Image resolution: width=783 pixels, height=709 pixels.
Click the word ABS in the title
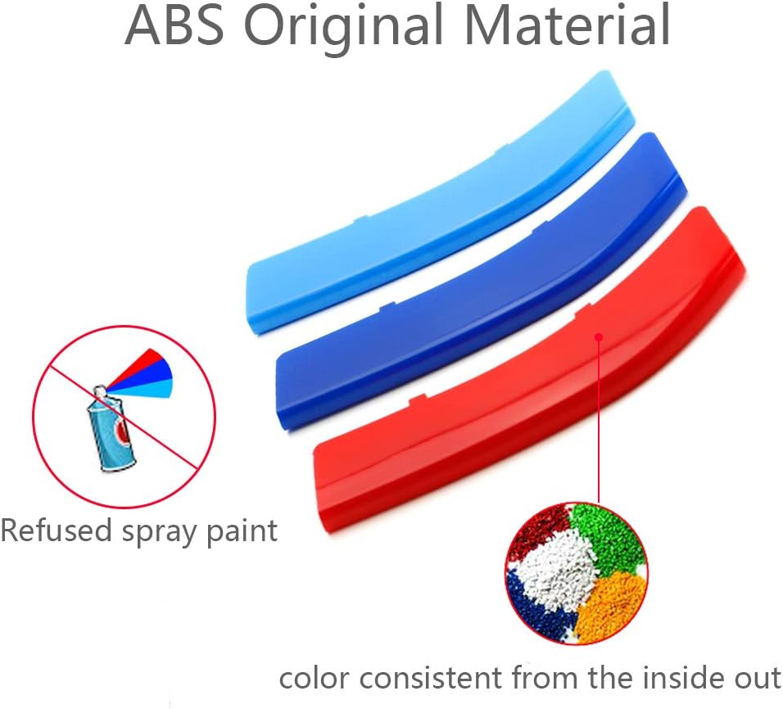(x=174, y=25)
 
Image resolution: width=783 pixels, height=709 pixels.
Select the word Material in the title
(x=568, y=25)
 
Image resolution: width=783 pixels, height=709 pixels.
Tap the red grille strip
(x=529, y=369)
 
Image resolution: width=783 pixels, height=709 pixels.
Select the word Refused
(x=56, y=530)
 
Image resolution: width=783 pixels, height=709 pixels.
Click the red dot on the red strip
(x=600, y=336)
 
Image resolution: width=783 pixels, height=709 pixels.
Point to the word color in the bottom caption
(x=315, y=679)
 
